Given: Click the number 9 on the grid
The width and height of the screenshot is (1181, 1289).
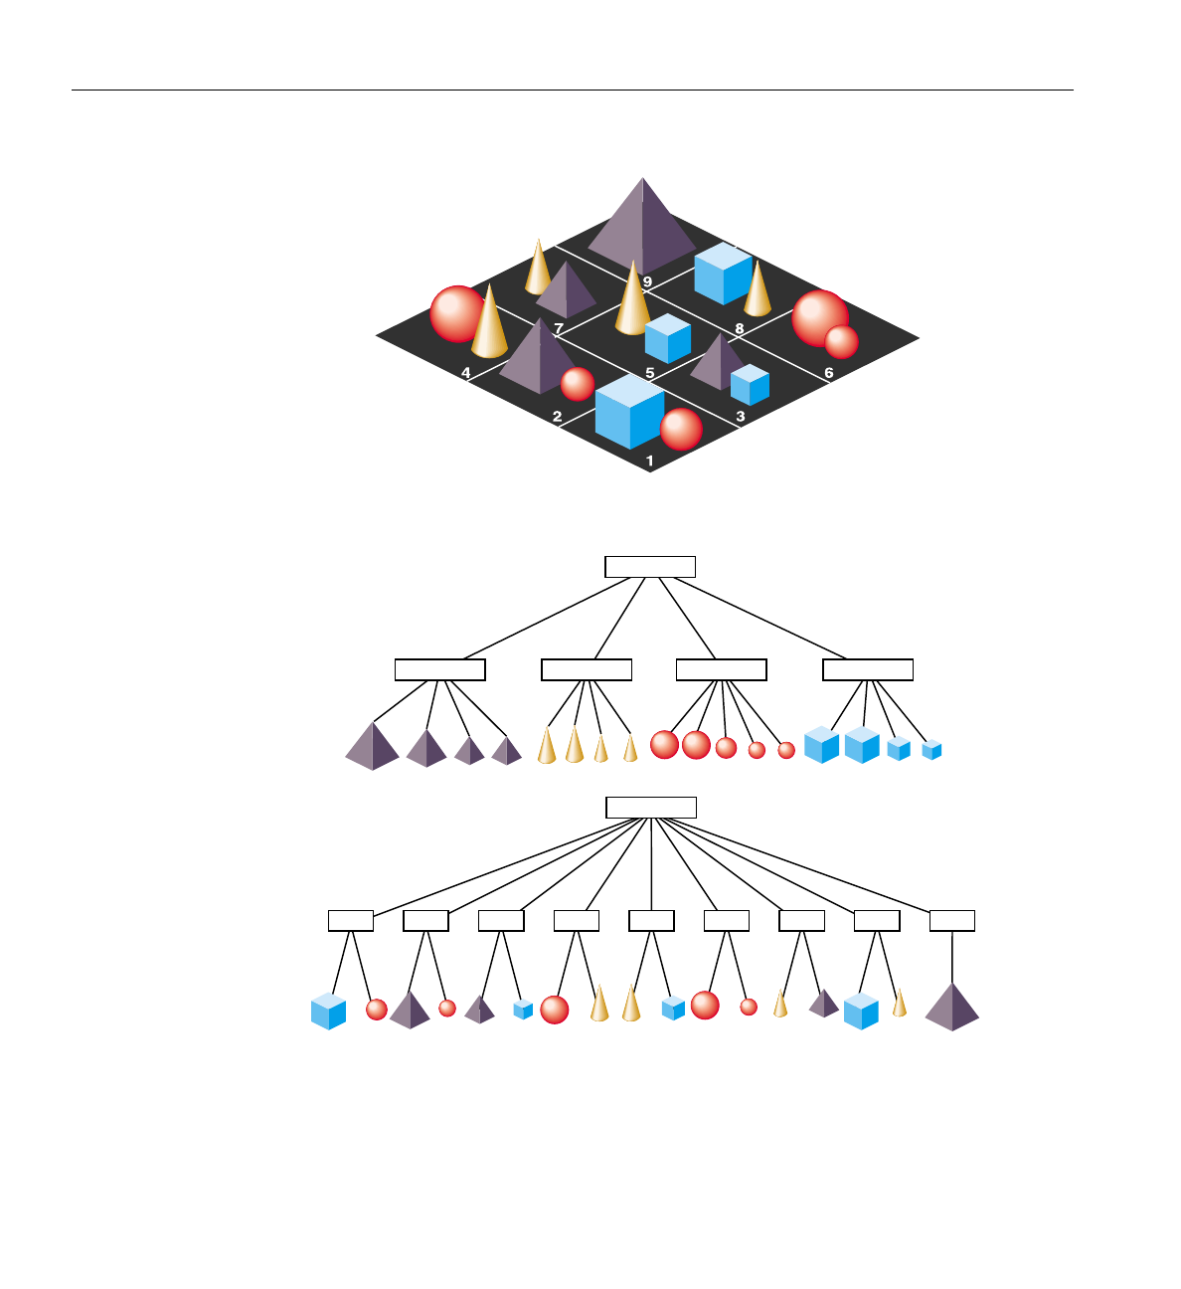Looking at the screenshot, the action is (x=647, y=282).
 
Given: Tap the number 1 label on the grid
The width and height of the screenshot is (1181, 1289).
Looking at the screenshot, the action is (x=650, y=461).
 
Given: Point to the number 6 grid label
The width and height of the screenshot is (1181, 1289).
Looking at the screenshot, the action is (x=829, y=373).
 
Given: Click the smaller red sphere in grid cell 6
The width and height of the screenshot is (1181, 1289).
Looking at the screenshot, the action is (x=841, y=341).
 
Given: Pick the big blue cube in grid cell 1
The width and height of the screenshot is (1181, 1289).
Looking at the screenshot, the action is (x=629, y=411).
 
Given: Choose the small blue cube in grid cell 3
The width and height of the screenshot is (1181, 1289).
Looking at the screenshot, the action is (x=750, y=384).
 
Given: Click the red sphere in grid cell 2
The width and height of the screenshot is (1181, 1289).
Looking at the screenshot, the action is (x=578, y=384).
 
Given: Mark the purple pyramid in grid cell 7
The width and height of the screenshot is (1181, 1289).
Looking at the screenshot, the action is (x=566, y=291).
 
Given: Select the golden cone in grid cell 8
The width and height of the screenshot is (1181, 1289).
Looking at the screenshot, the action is (x=758, y=288).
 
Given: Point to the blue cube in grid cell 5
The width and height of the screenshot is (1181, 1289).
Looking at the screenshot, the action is (x=667, y=338).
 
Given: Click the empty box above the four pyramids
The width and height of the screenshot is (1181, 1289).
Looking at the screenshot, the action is (x=439, y=669).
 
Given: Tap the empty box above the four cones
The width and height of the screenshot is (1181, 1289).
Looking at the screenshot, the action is (x=587, y=669).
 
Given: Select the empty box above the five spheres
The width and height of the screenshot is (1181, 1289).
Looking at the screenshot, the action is (x=721, y=669).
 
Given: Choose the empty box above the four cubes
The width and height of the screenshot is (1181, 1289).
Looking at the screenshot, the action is (x=868, y=669).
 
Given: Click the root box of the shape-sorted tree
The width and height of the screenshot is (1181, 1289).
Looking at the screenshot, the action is (x=650, y=567).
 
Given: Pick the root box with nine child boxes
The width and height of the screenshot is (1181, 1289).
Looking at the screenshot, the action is (x=651, y=807).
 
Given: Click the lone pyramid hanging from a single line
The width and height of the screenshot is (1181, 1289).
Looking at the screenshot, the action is (x=952, y=1008).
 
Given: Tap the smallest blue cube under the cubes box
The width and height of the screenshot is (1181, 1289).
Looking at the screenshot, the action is (x=931, y=750).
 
